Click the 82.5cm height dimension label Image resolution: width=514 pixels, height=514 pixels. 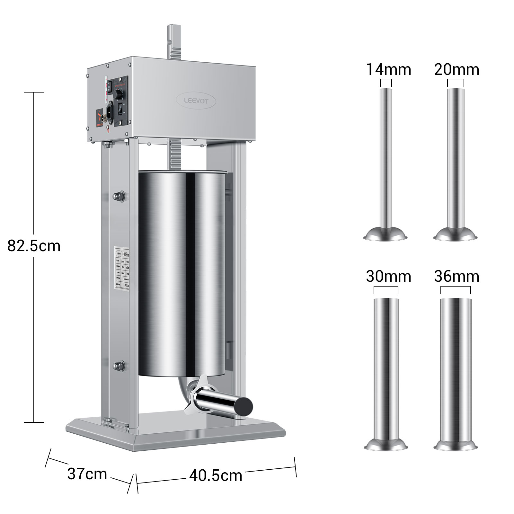click(34, 246)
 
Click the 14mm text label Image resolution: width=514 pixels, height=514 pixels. click(388, 69)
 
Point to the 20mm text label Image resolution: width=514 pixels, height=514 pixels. click(456, 69)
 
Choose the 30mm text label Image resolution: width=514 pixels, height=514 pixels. click(388, 276)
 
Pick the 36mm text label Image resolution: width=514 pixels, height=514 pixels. click(456, 276)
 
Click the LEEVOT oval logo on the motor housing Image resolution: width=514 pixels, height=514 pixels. click(196, 101)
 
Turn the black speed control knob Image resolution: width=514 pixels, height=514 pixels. click(120, 94)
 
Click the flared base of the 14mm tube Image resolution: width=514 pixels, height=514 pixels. click(385, 235)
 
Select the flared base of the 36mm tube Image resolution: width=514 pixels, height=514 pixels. click(455, 445)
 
